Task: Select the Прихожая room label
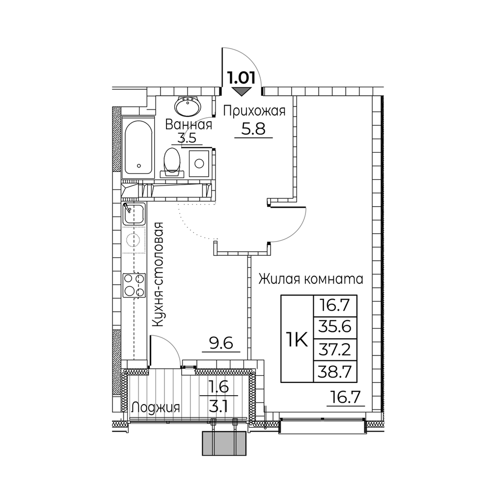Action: [254, 111]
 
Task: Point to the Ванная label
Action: [189, 125]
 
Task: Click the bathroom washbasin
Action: [188, 107]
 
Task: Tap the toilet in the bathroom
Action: [172, 163]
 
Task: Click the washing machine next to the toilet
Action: [199, 164]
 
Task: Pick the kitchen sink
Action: [134, 213]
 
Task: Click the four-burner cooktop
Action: [135, 285]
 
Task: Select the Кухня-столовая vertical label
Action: [159, 274]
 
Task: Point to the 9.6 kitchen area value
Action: [221, 344]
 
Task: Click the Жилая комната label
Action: [311, 278]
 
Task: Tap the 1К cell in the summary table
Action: [297, 339]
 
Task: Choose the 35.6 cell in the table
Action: [335, 327]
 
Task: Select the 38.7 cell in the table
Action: [335, 372]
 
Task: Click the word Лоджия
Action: [156, 408]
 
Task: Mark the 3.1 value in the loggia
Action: [221, 408]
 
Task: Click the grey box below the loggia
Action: [224, 443]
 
